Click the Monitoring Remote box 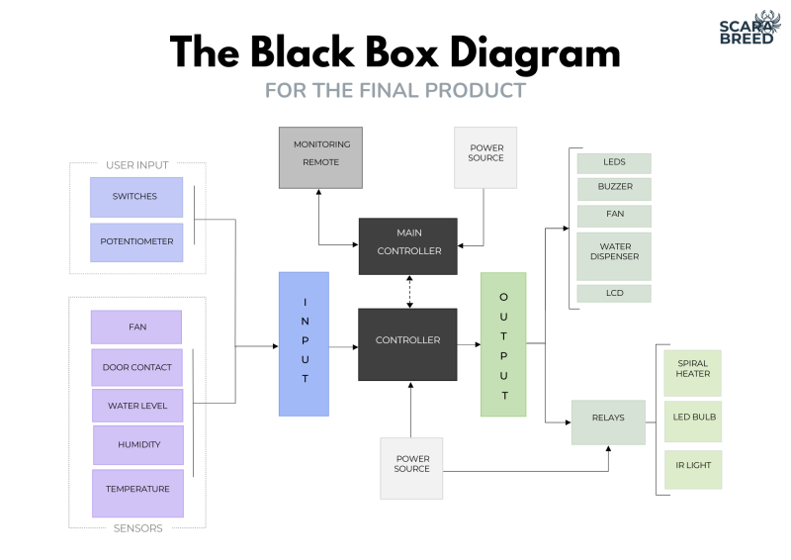[x=321, y=157]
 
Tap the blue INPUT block [x=304, y=343]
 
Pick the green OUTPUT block [x=503, y=343]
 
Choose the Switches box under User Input [x=136, y=197]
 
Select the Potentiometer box [x=136, y=242]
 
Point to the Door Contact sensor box [x=136, y=367]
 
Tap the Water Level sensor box [x=137, y=406]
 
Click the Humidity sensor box [x=138, y=444]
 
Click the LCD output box [x=614, y=294]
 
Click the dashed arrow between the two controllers [x=408, y=292]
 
